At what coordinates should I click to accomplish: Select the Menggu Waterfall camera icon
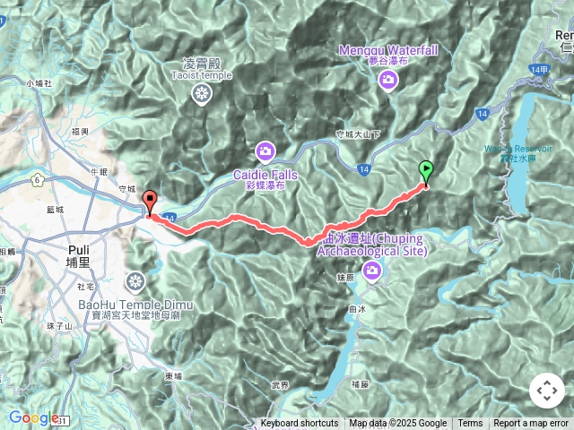tap(388, 81)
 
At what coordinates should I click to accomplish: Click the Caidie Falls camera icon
tap(265, 150)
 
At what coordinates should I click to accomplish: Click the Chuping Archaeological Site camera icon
tap(370, 271)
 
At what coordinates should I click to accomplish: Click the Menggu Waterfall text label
tap(388, 51)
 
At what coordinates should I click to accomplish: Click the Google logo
tap(34, 417)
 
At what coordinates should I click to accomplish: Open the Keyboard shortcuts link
tap(300, 424)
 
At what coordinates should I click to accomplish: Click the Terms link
tap(470, 424)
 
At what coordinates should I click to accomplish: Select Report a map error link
tap(533, 424)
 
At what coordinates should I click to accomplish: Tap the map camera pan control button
tap(546, 391)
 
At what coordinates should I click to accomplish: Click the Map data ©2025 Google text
tap(397, 424)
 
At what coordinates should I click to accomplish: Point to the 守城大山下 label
tap(358, 134)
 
